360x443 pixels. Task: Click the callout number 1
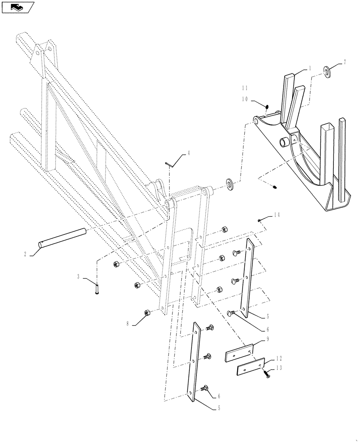tap(310, 69)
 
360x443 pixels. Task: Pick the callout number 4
tap(188, 153)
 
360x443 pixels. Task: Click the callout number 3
tap(78, 277)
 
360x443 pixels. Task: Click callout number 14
tap(276, 214)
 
